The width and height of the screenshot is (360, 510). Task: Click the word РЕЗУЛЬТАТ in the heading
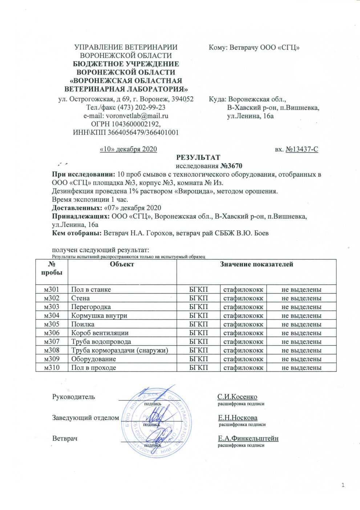point(198,157)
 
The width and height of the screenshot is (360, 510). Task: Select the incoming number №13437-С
point(302,149)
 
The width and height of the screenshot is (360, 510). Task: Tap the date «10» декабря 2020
point(128,149)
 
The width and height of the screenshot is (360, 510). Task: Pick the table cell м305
point(52,324)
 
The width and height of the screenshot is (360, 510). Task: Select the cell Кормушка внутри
point(99,316)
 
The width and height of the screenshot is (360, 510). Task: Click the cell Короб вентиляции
point(100,333)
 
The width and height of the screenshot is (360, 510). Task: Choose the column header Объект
point(122,265)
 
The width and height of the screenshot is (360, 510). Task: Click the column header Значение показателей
point(256,265)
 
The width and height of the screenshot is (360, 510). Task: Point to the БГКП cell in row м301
point(199,290)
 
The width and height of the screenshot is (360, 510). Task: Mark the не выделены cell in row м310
point(301,368)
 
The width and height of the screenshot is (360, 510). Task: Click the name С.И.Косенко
point(237,397)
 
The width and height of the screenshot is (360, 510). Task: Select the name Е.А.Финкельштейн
point(248,438)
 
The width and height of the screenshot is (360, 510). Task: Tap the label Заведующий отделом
point(86,418)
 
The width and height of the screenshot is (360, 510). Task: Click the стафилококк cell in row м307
point(243,342)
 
